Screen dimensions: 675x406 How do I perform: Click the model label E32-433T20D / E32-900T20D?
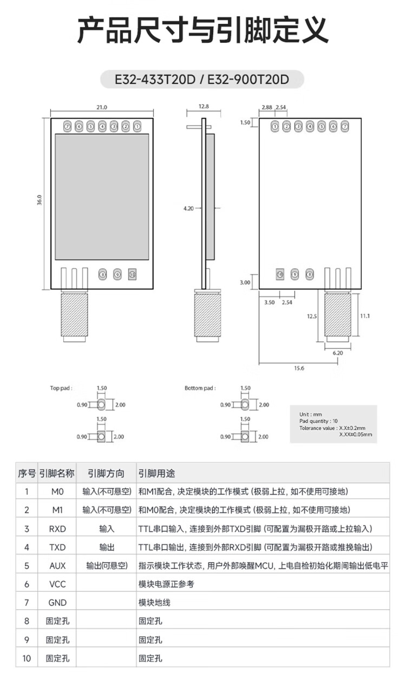202,80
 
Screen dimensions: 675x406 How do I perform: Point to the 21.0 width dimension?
102,107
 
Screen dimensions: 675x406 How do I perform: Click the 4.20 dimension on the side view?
188,208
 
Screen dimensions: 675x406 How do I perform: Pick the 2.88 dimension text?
266,107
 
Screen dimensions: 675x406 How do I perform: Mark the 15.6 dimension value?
299,368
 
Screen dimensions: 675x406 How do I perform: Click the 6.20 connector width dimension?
338,352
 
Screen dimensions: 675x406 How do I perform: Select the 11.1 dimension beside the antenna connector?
364,315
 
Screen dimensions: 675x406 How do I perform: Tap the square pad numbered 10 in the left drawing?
132,275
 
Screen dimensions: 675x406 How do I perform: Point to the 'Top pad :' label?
61,388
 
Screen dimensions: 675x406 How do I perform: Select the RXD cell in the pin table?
57,528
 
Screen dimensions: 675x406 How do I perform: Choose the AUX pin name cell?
57,566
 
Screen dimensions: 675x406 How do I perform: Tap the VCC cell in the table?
57,584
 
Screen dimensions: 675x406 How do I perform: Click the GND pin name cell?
57,602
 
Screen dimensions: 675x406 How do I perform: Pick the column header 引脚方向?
106,473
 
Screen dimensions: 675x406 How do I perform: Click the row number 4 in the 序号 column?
27,547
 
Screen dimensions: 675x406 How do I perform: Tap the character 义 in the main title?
313,30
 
